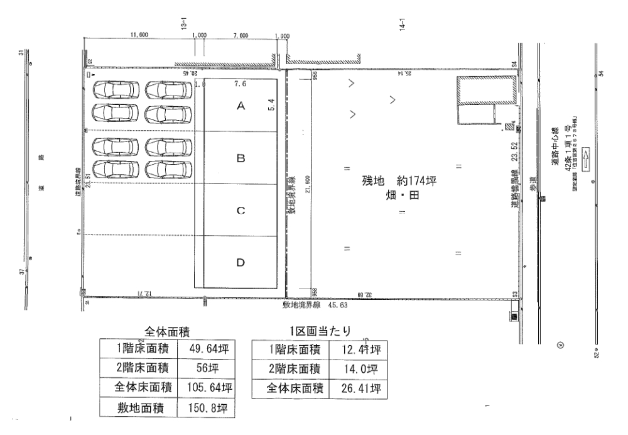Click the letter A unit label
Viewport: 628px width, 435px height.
pyautogui.click(x=240, y=107)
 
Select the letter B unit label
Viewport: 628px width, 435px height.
pyautogui.click(x=240, y=160)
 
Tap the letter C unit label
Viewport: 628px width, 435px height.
pyautogui.click(x=240, y=211)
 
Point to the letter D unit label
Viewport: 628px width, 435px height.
pyautogui.click(x=240, y=263)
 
